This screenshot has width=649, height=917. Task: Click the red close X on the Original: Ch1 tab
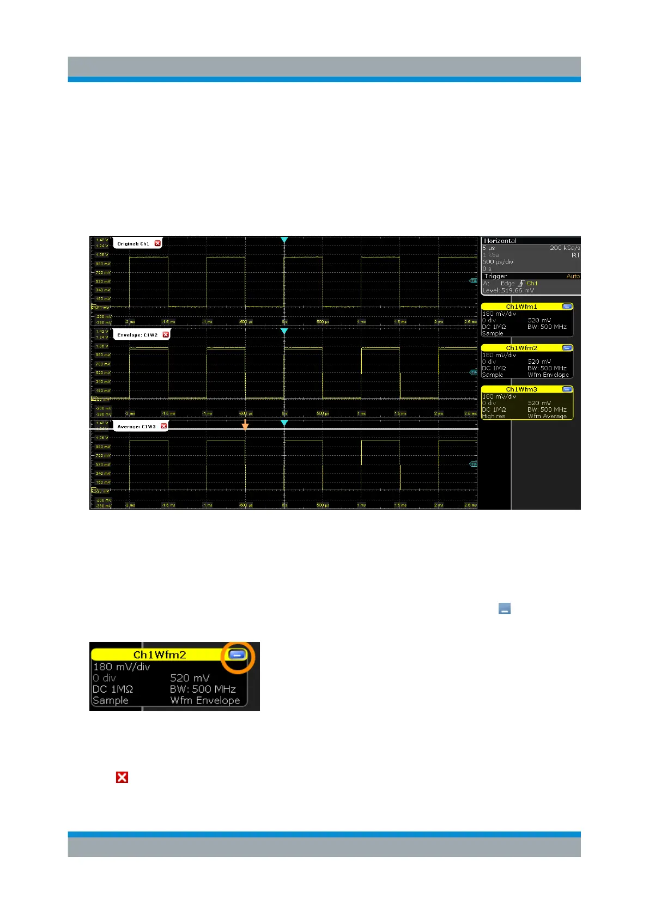coord(157,243)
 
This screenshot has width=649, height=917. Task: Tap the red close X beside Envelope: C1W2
coord(166,335)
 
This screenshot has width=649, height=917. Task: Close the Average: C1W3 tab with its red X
coord(164,426)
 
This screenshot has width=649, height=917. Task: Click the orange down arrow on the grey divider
coord(245,425)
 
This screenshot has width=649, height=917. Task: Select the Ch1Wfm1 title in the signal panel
coord(521,307)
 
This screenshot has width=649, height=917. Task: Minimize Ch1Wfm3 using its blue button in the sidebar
coord(567,389)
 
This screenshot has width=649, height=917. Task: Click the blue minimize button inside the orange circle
coord(237,655)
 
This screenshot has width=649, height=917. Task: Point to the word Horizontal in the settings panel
coord(500,241)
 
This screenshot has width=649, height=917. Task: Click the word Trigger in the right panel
coord(495,276)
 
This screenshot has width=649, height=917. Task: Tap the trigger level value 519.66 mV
coord(517,290)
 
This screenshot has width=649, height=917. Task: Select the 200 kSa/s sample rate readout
coord(565,248)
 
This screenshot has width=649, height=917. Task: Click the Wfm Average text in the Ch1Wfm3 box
coord(547,416)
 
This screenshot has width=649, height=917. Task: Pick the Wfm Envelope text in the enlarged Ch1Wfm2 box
coord(205,700)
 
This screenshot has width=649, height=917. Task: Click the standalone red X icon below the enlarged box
coord(122,778)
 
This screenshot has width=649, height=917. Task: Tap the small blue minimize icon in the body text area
coord(505,609)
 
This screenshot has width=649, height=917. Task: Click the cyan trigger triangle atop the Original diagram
coord(284,240)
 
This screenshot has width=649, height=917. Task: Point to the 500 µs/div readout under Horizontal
coord(499,262)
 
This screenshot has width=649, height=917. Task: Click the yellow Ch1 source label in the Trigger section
coord(532,283)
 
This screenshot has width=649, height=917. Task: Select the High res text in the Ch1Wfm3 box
coord(493,416)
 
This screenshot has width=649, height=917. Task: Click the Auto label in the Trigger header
coord(573,276)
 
